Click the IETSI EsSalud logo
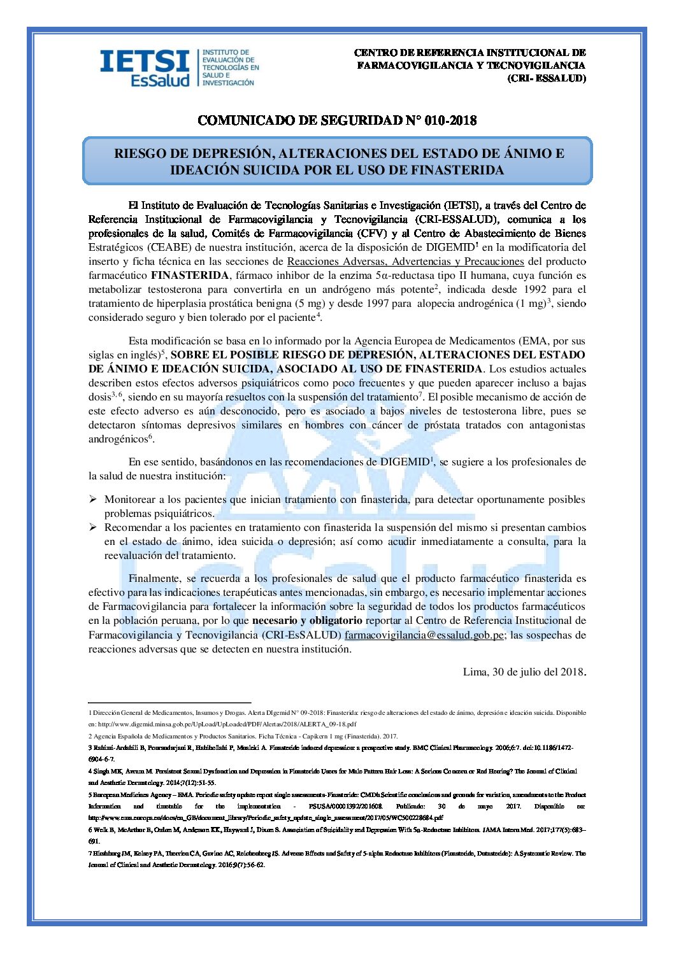[x=178, y=67]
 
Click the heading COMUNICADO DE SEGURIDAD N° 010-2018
[x=337, y=120]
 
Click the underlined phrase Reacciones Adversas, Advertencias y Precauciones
[x=405, y=262]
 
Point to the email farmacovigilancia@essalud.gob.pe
[x=425, y=635]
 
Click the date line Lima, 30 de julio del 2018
[x=524, y=672]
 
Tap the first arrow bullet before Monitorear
[x=93, y=500]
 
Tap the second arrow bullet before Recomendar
[x=93, y=528]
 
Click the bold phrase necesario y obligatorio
[x=307, y=621]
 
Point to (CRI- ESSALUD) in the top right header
[x=546, y=78]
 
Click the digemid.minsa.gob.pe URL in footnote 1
[x=222, y=724]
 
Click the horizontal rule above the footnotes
[x=169, y=702]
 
